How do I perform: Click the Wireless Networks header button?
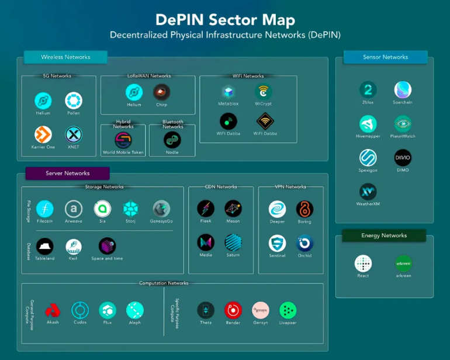click(x=65, y=57)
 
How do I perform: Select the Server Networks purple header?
click(x=67, y=173)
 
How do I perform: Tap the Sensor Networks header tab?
click(x=385, y=57)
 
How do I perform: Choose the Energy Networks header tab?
click(x=383, y=236)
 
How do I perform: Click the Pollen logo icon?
click(x=73, y=101)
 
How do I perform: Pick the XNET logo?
click(x=73, y=135)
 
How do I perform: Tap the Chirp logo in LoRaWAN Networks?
click(x=161, y=92)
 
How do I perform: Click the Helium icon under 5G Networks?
click(x=43, y=101)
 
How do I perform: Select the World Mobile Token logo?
click(x=123, y=140)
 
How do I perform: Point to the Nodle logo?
click(x=172, y=140)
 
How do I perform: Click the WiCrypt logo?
click(x=264, y=92)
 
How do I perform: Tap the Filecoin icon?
click(x=44, y=209)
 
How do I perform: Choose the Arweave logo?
click(x=74, y=209)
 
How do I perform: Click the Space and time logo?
click(x=107, y=245)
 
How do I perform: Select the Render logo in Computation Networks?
click(x=233, y=310)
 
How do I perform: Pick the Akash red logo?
click(x=53, y=310)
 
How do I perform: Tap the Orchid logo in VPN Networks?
click(x=304, y=243)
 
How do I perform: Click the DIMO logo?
click(x=402, y=158)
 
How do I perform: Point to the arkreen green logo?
click(x=403, y=263)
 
